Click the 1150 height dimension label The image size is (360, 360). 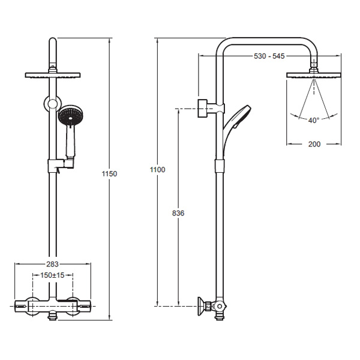click(x=110, y=174)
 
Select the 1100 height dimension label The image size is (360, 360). click(x=157, y=170)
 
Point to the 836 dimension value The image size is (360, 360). click(x=178, y=213)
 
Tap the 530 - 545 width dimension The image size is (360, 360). click(x=269, y=56)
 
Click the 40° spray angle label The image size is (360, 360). click(x=314, y=120)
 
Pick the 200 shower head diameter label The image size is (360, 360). click(x=314, y=144)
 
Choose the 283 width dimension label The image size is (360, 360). click(x=53, y=264)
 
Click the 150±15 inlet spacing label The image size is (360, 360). click(x=52, y=275)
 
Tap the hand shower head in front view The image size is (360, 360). click(x=70, y=115)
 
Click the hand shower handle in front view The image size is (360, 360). click(x=70, y=141)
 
